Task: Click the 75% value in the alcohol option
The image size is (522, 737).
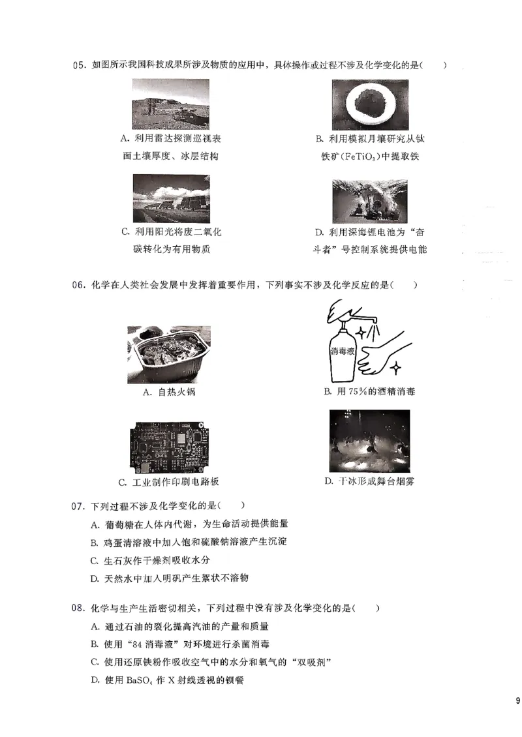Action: (x=361, y=391)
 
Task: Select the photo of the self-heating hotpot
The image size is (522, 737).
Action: (x=168, y=355)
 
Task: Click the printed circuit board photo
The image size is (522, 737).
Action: (x=168, y=445)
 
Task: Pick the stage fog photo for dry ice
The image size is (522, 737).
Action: (x=369, y=441)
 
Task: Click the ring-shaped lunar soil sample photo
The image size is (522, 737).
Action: (x=369, y=104)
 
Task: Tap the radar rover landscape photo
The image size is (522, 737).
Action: (x=170, y=104)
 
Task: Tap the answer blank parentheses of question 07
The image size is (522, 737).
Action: (x=233, y=505)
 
